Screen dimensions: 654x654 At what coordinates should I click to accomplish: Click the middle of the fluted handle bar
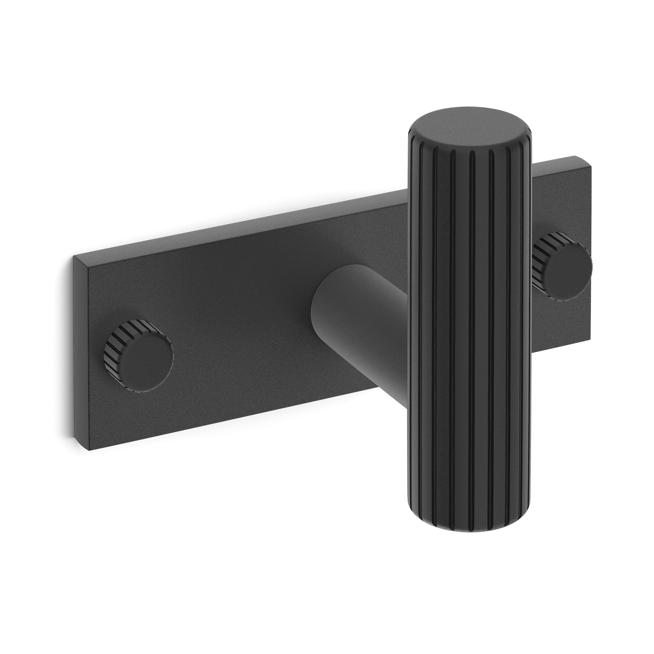[469, 321]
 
